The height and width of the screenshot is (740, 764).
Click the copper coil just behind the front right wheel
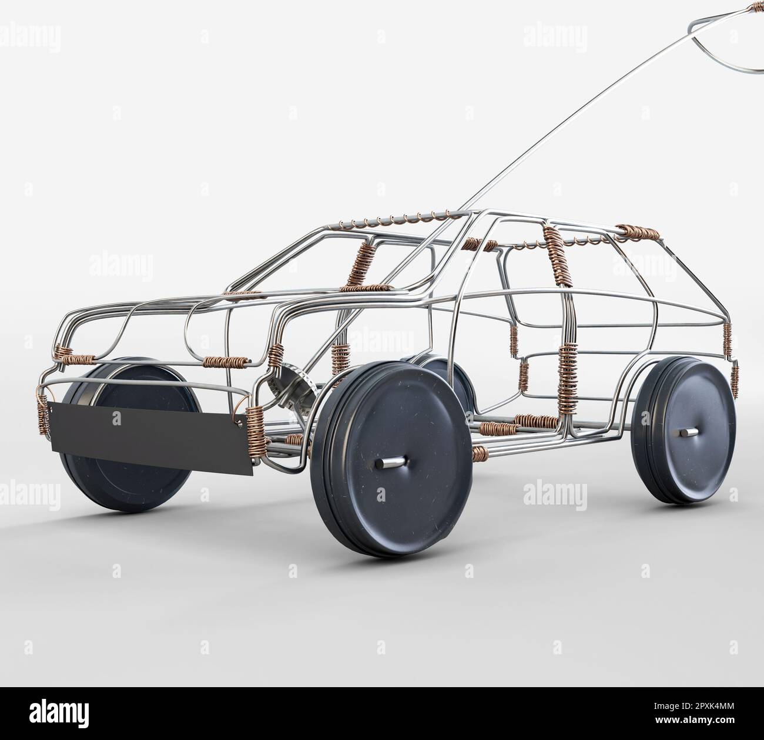(480, 453)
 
